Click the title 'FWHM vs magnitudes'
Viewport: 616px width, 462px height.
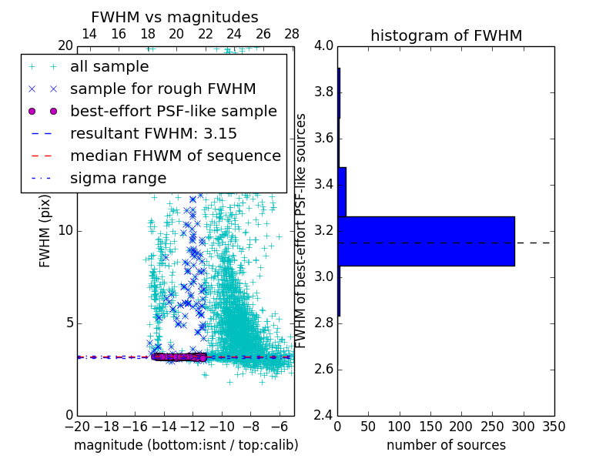click(x=175, y=17)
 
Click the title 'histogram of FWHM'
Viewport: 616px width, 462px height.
click(x=446, y=35)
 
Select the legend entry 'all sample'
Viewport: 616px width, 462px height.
click(x=109, y=67)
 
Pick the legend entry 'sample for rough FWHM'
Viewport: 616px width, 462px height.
click(x=162, y=89)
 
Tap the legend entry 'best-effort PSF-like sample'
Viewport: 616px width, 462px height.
click(x=173, y=111)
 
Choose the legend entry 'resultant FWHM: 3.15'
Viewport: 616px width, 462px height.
click(x=153, y=133)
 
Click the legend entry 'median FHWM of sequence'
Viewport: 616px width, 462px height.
click(x=176, y=156)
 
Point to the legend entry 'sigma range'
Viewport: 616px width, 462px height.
click(x=118, y=178)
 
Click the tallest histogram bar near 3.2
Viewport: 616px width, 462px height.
click(x=426, y=241)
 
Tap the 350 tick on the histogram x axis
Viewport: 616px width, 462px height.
click(x=554, y=426)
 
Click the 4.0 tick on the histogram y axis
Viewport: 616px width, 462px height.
click(x=323, y=46)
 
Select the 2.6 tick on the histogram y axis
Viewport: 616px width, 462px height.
click(x=323, y=370)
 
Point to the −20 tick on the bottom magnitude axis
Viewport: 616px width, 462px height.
click(x=77, y=426)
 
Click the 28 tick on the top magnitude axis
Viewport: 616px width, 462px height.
click(x=292, y=34)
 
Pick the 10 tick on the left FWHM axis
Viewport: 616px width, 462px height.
click(x=66, y=231)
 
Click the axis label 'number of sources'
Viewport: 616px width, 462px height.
click(x=446, y=445)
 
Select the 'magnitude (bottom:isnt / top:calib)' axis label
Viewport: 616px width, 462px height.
click(x=186, y=445)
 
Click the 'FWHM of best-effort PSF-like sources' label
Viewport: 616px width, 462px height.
click(x=302, y=230)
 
